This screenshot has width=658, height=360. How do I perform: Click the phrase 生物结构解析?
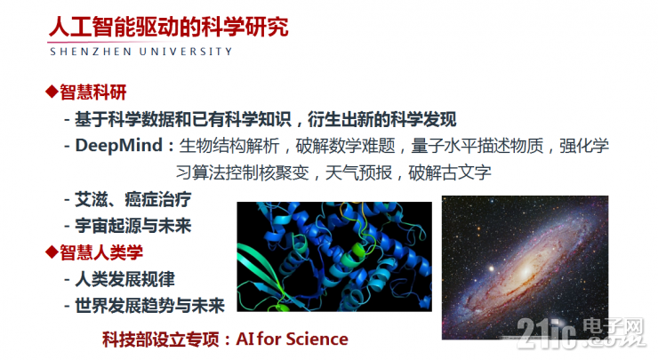tap(225, 145)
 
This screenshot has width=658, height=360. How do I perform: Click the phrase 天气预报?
tap(374, 171)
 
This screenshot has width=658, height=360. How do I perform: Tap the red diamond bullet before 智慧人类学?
tap(52, 252)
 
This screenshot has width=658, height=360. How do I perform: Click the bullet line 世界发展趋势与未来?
tap(151, 306)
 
